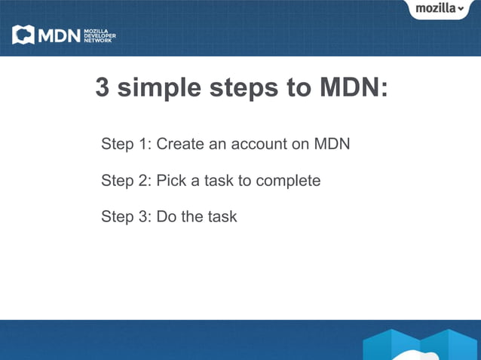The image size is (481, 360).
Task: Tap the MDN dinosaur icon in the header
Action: (x=23, y=35)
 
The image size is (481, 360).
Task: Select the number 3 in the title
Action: (x=103, y=88)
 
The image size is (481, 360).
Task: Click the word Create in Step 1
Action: (x=180, y=143)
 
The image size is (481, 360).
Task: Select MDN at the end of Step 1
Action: (x=332, y=143)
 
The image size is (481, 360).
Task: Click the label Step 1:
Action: (x=126, y=143)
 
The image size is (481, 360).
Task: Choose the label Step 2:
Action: (x=126, y=181)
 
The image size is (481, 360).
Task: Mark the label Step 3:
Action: (x=126, y=217)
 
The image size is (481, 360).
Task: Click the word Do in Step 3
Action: (x=166, y=217)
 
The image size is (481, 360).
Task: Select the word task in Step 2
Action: (x=220, y=181)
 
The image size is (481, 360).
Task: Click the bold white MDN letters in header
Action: (x=58, y=35)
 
